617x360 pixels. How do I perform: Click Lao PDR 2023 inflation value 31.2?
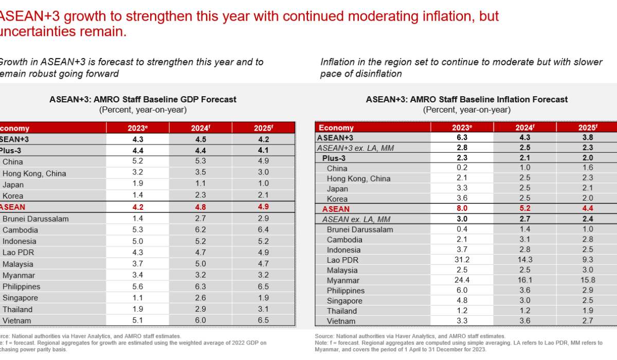coord(461,260)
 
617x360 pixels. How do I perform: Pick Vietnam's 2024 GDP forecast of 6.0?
coord(201,320)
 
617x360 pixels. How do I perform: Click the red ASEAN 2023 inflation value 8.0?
coord(461,209)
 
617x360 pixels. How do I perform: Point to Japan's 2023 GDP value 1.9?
coord(138,185)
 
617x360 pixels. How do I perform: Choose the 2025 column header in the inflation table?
coord(588,128)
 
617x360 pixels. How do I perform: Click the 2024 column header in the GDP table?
coord(201,128)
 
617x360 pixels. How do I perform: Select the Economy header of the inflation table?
coord(336,128)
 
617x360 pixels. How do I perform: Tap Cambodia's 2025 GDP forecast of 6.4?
coord(264,230)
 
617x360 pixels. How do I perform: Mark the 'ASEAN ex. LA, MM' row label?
coord(355,219)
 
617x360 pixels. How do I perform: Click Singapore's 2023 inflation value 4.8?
coord(461,301)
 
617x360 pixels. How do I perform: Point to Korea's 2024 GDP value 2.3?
coord(201,196)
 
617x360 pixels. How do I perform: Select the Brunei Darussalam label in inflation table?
coord(359,229)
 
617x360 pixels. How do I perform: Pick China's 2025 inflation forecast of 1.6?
coord(588,168)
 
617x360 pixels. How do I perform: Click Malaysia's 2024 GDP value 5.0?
coord(201,264)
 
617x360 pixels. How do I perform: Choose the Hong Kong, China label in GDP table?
coord(34,173)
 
